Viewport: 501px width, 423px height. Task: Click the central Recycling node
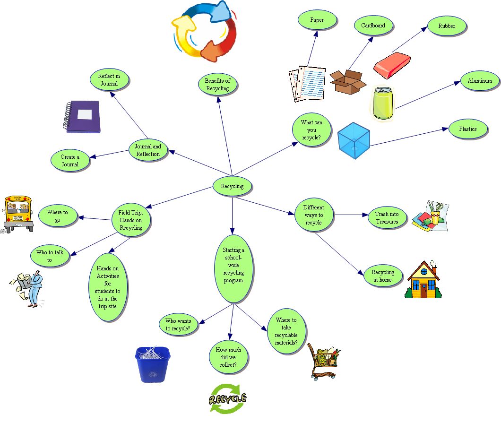click(x=232, y=186)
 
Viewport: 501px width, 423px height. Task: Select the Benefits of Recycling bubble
click(x=217, y=85)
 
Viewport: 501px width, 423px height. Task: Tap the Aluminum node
click(x=480, y=81)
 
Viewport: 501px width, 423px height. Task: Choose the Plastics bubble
click(x=467, y=129)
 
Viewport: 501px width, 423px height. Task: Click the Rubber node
click(x=446, y=26)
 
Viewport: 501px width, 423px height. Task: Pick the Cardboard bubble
click(x=373, y=26)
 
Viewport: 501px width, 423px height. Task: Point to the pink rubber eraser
click(x=392, y=65)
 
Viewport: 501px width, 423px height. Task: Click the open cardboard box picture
click(x=348, y=81)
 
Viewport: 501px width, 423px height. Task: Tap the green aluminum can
click(x=382, y=103)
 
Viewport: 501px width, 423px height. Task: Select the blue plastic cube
click(x=354, y=141)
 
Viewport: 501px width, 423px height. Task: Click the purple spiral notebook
click(x=82, y=116)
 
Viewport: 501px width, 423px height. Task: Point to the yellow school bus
click(x=18, y=213)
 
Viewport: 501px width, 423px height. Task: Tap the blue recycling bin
click(x=153, y=364)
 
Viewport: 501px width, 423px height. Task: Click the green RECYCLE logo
click(x=228, y=398)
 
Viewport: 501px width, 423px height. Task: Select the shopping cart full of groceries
click(x=323, y=361)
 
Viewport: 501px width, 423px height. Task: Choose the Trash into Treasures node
click(x=387, y=218)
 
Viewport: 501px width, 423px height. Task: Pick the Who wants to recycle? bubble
click(x=178, y=325)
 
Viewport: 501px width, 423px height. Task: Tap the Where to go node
click(x=57, y=216)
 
